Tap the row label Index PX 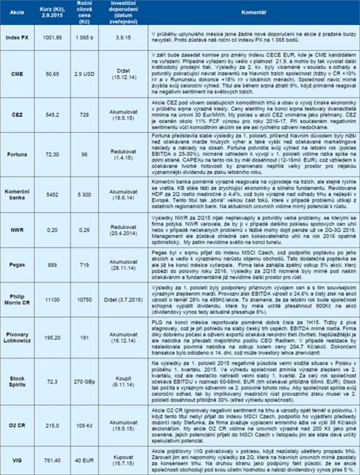coord(17,37)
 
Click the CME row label coord(17,73)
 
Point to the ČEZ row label coord(17,113)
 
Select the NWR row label coord(17,230)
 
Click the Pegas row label coord(17,264)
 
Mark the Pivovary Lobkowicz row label coord(17,339)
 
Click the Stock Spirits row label coord(17,383)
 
